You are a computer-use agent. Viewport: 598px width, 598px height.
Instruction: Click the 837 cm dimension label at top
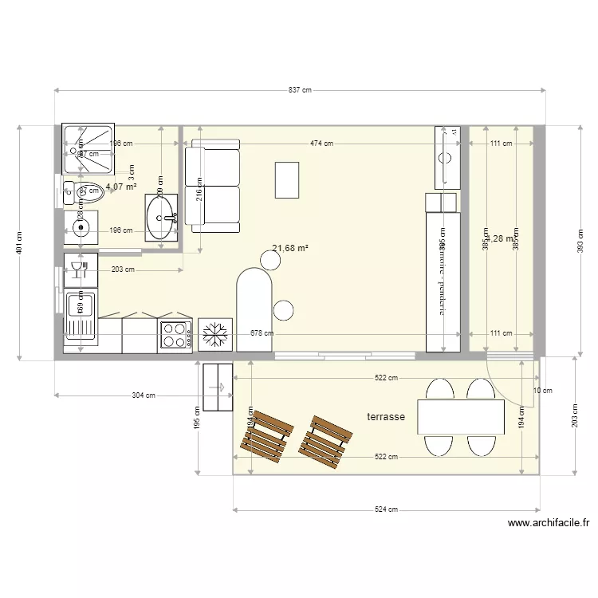[x=300, y=91]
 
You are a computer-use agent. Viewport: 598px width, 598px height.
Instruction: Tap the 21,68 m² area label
[x=290, y=248]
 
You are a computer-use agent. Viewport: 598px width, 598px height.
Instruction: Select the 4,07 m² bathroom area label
[x=120, y=187]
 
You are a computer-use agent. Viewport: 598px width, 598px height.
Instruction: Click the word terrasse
[x=386, y=417]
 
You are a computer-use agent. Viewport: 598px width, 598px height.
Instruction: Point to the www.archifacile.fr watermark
[x=549, y=524]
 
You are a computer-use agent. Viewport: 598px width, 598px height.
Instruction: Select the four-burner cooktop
[x=176, y=335]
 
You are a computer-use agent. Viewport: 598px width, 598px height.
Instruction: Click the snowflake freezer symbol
[x=214, y=335]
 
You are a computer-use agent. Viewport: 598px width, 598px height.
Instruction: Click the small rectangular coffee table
[x=287, y=179]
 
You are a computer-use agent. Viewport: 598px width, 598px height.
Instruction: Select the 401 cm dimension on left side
[x=19, y=242]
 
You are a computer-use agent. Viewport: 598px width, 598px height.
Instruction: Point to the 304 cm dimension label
[x=144, y=395]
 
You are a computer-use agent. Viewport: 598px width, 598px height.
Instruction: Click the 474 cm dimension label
[x=322, y=144]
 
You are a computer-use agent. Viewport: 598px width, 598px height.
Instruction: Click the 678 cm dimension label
[x=262, y=334]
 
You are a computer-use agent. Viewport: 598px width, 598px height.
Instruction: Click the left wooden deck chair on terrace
[x=266, y=438]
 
